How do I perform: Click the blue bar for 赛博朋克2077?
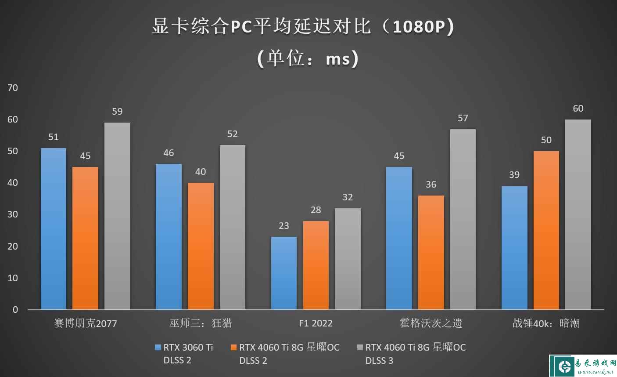click(x=54, y=228)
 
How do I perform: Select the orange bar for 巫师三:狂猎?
click(x=201, y=246)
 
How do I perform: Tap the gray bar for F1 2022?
click(x=348, y=259)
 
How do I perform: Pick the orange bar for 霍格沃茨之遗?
click(x=431, y=252)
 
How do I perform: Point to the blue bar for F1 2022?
click(x=284, y=273)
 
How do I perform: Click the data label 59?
click(x=117, y=112)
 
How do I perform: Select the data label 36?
click(x=431, y=185)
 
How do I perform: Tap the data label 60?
click(x=578, y=109)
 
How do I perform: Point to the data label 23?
click(x=284, y=226)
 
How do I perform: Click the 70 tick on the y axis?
click(x=13, y=88)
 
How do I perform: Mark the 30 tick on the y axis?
click(x=13, y=214)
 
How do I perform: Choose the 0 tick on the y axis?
click(x=15, y=310)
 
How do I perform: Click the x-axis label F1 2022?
click(x=316, y=323)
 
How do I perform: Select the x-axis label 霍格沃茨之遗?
click(x=431, y=323)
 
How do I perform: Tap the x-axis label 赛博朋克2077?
click(x=86, y=323)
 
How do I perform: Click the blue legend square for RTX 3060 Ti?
click(x=158, y=348)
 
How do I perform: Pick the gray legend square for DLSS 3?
click(x=360, y=348)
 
